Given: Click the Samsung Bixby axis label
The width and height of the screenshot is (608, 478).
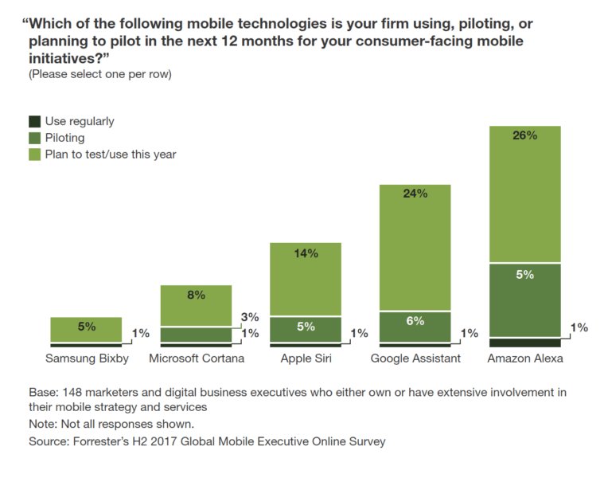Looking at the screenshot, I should click(x=85, y=358).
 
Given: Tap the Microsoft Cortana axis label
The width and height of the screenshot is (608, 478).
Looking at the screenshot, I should click(x=196, y=358).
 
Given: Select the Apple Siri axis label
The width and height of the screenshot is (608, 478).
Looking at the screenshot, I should click(x=306, y=358).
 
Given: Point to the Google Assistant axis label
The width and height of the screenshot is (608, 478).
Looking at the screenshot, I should click(x=415, y=358).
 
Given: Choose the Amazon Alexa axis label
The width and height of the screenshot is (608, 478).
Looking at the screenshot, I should click(x=525, y=358).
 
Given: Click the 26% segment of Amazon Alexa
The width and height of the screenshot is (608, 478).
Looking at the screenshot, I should click(x=525, y=194).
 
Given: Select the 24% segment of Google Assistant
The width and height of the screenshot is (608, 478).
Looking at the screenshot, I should click(x=415, y=247).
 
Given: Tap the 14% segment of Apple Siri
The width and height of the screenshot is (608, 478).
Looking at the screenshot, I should click(x=306, y=279).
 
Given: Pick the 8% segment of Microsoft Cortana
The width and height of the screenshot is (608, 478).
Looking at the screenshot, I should click(x=196, y=305).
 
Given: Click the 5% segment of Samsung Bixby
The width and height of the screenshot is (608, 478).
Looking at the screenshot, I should click(x=85, y=329).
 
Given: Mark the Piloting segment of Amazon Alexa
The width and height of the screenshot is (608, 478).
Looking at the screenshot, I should click(x=525, y=300).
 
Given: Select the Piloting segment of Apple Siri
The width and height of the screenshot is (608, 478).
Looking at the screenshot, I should click(x=306, y=329).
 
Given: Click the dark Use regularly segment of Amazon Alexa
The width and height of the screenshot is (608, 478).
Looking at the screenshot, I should click(x=525, y=342).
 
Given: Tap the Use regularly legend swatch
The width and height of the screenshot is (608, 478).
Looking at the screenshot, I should click(x=34, y=122).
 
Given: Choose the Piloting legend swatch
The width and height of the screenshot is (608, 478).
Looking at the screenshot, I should click(x=34, y=138).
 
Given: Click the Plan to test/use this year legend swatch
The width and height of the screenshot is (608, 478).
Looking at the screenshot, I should click(x=34, y=155).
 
